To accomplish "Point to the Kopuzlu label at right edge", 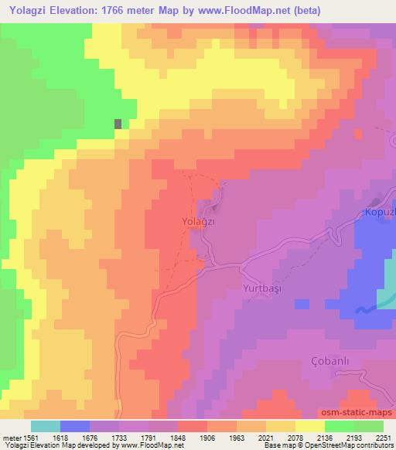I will (x=380, y=212).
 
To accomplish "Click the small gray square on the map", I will (x=118, y=124).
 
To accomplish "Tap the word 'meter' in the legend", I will (x=10, y=438).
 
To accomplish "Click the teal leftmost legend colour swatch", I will (x=45, y=426).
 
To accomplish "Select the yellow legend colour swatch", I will (x=309, y=426).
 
